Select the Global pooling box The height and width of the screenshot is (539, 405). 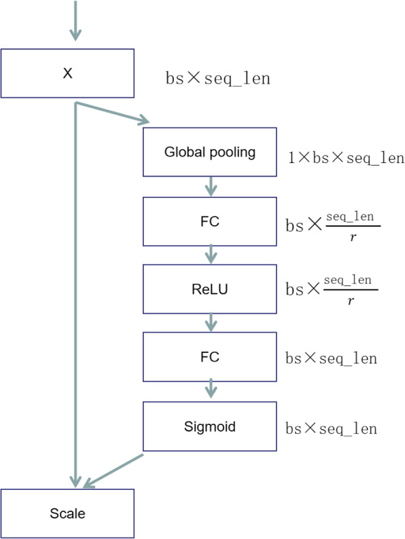[x=210, y=152]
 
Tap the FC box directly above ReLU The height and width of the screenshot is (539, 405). [x=210, y=221]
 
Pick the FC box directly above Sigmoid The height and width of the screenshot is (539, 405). [x=210, y=356]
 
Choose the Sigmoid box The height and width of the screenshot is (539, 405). [x=210, y=426]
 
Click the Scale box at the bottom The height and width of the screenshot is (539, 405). [x=67, y=513]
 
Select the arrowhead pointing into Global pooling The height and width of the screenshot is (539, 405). [x=143, y=122]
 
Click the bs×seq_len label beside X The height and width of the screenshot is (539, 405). [x=217, y=78]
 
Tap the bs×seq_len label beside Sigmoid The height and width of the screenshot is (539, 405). [x=330, y=429]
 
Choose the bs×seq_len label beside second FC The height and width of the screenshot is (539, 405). [x=330, y=358]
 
